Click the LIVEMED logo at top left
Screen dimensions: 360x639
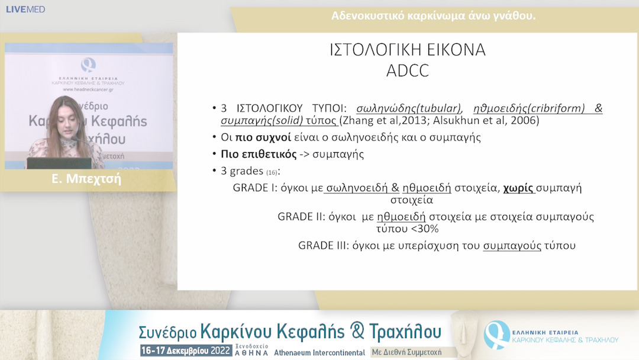tap(25, 9)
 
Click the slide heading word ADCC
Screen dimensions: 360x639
tap(407, 71)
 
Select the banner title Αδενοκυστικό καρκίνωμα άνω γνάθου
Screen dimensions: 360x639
tap(434, 16)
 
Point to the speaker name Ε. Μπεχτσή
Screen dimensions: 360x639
tap(86, 179)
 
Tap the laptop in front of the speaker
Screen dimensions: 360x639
tap(59, 163)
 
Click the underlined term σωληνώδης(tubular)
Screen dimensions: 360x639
tap(409, 109)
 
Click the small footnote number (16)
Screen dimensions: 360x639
tap(272, 172)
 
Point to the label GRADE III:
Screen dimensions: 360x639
tap(324, 245)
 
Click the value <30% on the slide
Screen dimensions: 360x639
tap(424, 229)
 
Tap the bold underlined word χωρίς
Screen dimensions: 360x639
tap(519, 188)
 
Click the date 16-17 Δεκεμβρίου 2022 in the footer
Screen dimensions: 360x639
tap(186, 351)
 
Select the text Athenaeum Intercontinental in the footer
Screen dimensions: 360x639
tap(319, 352)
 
